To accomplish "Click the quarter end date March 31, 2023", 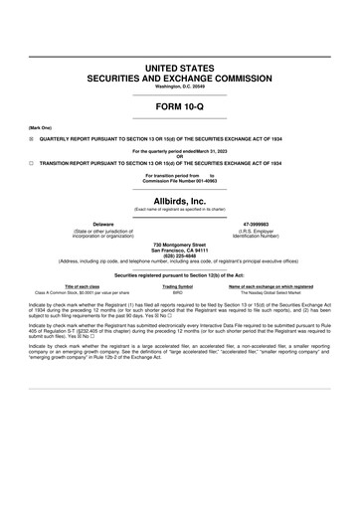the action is pyautogui.click(x=205, y=150).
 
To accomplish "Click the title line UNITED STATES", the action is pyautogui.click(x=180, y=66).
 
